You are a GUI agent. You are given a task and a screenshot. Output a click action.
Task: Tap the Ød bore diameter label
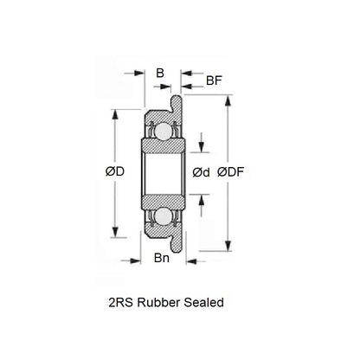point(202,172)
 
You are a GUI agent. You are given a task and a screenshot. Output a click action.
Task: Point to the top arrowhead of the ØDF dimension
point(229,97)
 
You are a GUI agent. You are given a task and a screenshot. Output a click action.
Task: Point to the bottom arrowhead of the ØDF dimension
point(229,247)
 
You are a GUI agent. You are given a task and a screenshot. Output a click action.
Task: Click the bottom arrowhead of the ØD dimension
point(115,235)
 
